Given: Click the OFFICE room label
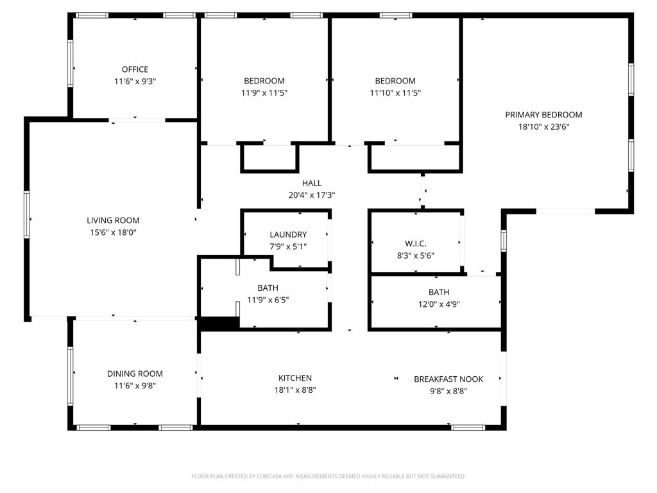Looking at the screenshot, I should point(135,69).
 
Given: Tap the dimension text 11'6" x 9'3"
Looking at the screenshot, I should point(135,82).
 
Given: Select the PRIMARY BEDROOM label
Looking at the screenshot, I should point(543,115).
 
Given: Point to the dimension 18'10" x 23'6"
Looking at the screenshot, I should point(543,127).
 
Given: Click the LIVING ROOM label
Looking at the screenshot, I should point(113,221).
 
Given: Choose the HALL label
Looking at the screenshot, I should point(312,184).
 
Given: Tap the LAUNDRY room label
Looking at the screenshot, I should point(288,235).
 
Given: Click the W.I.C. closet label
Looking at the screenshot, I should point(416,244).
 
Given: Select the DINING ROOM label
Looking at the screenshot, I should point(135,374).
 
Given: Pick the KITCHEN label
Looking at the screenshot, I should point(295,378).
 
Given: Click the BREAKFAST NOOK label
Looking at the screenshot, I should point(448,379).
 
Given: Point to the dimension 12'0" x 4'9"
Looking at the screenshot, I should point(439,304).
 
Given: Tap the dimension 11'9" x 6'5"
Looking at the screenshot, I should point(268,300).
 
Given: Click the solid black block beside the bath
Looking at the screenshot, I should point(219,324).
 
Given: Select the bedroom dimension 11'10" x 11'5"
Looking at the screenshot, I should point(395,93).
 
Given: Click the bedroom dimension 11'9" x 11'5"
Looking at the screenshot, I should point(264,93).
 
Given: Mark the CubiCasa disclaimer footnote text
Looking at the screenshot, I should point(328,476).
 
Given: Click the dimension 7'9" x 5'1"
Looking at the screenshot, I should point(288,246).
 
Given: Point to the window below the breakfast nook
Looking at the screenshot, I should point(468,427).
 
